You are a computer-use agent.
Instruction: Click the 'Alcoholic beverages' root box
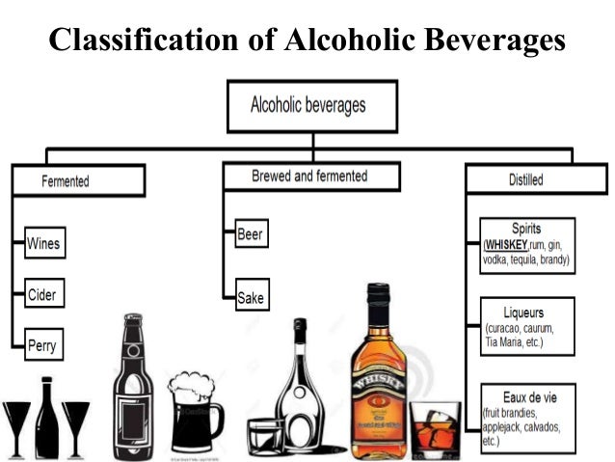click(x=309, y=104)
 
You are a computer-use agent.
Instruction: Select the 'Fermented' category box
click(x=79, y=180)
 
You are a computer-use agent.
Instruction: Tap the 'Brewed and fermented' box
click(x=309, y=177)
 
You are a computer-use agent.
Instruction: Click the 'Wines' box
click(x=43, y=243)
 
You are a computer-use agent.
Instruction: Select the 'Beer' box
click(x=250, y=233)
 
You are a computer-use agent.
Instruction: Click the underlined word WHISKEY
click(x=507, y=245)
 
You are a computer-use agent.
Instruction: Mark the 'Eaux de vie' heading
click(x=527, y=397)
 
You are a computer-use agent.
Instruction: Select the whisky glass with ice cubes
click(x=435, y=427)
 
